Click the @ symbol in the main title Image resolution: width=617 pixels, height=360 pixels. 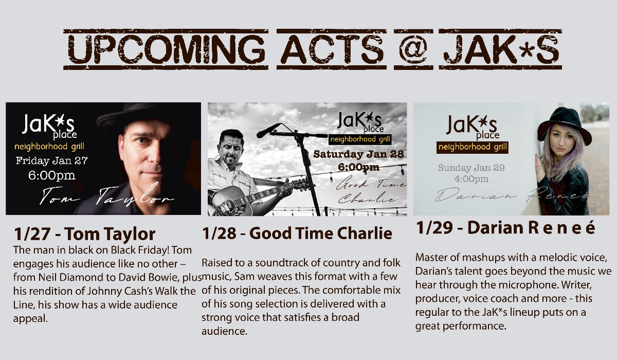413,49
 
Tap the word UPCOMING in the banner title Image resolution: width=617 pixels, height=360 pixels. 166,49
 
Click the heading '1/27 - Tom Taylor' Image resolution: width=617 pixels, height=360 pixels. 84,234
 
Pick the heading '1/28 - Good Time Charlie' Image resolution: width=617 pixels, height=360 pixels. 297,233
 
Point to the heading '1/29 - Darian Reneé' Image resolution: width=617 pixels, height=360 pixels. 505,228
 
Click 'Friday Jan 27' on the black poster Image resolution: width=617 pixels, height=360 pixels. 51,160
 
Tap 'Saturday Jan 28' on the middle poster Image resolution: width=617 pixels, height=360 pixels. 358,154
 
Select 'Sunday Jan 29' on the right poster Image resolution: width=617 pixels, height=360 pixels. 471,168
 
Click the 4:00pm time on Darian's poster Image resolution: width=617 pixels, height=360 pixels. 471,179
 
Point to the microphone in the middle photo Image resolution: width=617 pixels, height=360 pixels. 268,130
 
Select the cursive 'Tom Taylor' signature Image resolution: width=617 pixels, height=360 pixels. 107,194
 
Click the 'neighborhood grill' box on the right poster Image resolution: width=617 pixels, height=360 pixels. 473,147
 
